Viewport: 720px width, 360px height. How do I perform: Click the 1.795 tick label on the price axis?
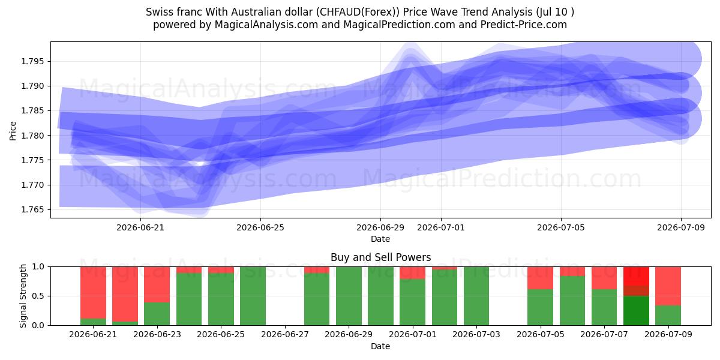(32, 61)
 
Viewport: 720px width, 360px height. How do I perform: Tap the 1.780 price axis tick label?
(32, 136)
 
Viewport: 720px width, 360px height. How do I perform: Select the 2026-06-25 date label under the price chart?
(260, 227)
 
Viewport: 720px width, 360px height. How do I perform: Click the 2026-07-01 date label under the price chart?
(440, 227)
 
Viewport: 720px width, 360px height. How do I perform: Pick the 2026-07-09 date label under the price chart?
(681, 227)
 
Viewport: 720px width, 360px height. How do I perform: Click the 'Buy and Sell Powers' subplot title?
(380, 257)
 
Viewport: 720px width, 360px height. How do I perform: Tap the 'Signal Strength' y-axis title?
(23, 296)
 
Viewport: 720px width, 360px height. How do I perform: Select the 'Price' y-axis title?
(13, 131)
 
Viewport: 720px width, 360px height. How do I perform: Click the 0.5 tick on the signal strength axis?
(38, 296)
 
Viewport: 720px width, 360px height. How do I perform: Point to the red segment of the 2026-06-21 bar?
(93, 293)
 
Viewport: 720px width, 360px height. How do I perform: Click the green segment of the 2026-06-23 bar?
(157, 314)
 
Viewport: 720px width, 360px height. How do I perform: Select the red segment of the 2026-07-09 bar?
(668, 286)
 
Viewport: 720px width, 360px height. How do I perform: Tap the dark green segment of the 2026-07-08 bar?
(636, 311)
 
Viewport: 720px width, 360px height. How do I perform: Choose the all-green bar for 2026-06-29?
(349, 296)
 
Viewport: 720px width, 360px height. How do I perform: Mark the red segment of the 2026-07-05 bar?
(541, 278)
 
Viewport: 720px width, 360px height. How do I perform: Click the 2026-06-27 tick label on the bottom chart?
(285, 334)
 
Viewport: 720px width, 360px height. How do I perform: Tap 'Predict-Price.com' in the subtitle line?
(524, 25)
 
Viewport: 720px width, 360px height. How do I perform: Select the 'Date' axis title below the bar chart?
(380, 346)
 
